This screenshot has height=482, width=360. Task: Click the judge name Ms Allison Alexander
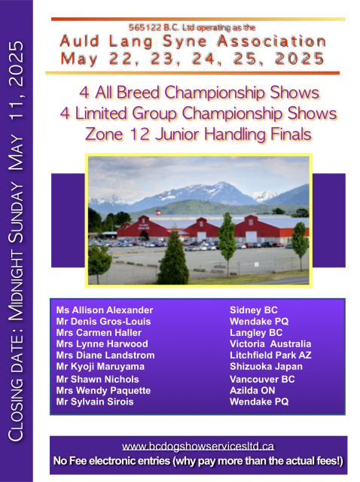[105, 310]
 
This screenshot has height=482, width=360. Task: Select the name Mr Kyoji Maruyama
[100, 367]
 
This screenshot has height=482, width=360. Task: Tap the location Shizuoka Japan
[266, 367]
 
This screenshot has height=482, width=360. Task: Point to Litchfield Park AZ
[270, 355]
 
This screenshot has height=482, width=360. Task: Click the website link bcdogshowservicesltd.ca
[198, 446]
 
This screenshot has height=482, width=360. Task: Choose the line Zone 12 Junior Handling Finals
[198, 134]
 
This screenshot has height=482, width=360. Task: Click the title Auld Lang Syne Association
[193, 41]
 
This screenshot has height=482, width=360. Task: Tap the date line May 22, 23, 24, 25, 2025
[193, 59]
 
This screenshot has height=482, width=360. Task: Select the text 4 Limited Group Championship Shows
[198, 114]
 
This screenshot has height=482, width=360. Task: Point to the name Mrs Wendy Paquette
[103, 390]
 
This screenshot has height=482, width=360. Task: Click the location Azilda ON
[252, 390]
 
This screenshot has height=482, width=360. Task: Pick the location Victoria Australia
[270, 343]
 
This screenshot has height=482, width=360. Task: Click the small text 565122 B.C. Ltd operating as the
[192, 28]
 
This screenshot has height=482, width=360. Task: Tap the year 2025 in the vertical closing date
[16, 63]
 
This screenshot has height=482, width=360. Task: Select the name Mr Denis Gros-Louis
[103, 322]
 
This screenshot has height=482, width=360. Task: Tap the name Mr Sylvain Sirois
[95, 401]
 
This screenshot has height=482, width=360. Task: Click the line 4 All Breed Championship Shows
[200, 92]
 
